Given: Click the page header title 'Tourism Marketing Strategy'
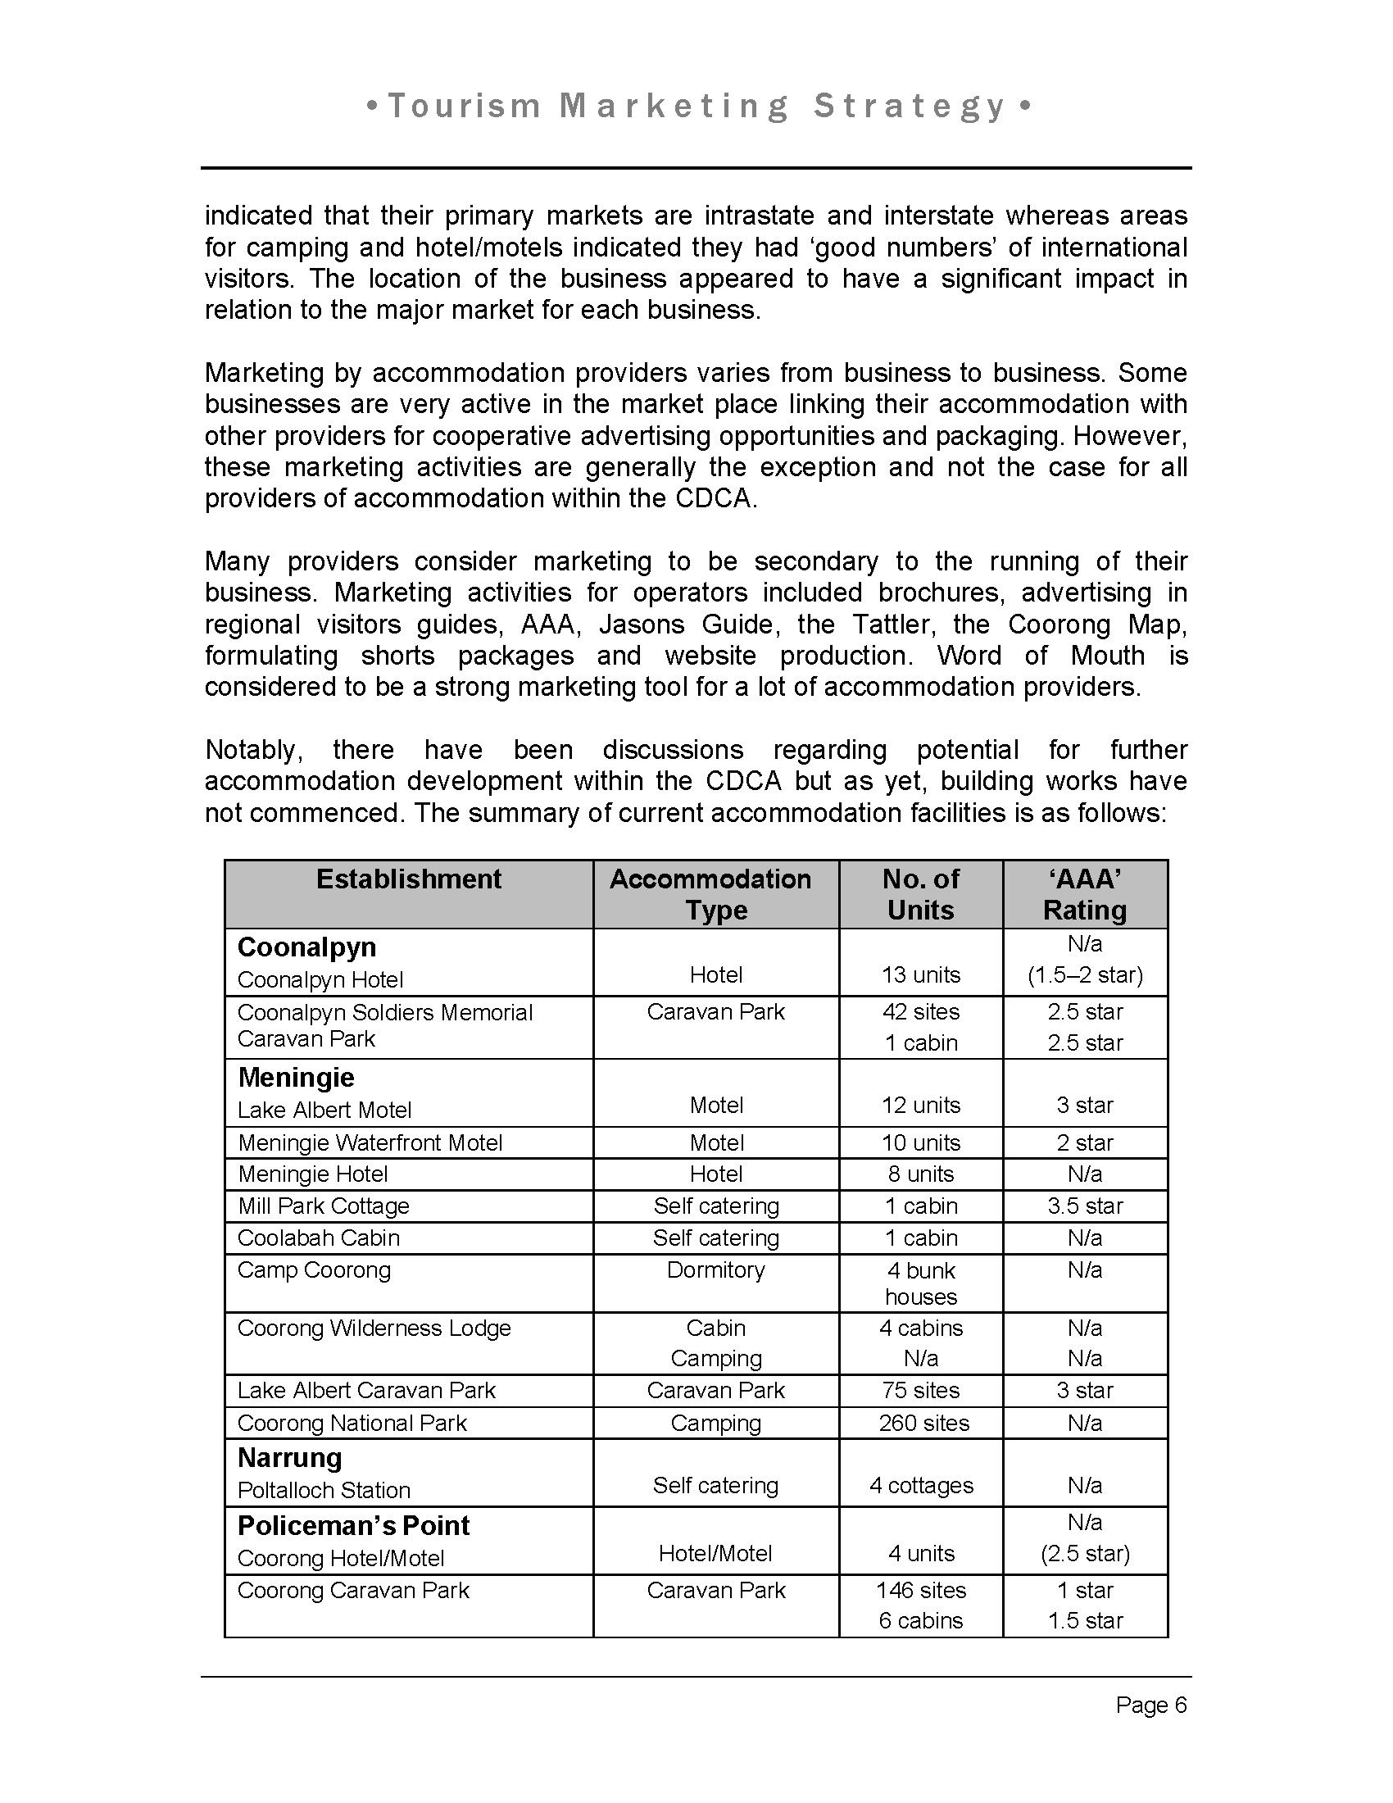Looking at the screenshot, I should [697, 107].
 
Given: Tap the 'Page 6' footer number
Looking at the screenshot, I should [1151, 1705].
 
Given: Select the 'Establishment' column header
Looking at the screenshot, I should [409, 879].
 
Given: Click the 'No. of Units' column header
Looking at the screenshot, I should [920, 894].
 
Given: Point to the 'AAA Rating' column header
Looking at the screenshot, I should [1084, 894].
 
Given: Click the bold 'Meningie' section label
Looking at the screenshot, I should [297, 1078].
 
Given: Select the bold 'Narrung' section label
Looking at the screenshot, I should [289, 1458].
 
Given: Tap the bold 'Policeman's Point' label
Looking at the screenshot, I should [353, 1526].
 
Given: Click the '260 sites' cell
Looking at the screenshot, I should [923, 1424].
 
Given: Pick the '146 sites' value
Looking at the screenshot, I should [921, 1590].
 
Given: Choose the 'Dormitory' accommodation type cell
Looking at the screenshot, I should [715, 1269].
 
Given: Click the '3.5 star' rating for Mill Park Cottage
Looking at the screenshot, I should [1085, 1206].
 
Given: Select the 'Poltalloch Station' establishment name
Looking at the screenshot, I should [324, 1490].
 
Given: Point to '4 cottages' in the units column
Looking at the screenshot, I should [921, 1485].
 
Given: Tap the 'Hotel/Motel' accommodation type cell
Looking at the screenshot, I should [715, 1554].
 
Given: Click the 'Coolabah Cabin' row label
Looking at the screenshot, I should [319, 1238].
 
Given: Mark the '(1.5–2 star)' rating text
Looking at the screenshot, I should [1085, 975].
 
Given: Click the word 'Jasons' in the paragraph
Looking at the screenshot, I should [642, 624].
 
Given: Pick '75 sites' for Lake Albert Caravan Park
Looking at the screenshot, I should [921, 1390].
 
